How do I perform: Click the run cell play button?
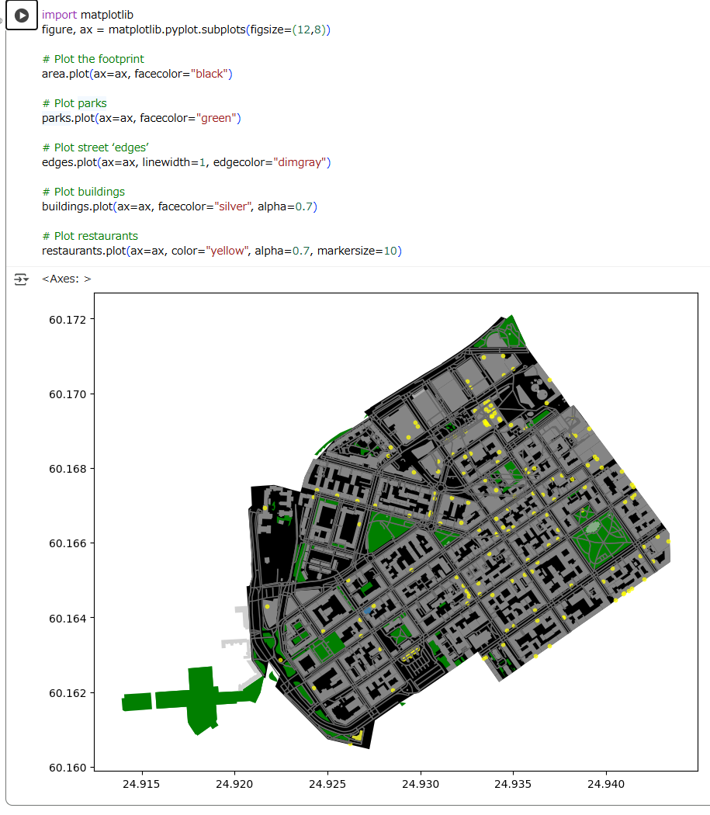coord(21,16)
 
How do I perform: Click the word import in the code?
coord(59,15)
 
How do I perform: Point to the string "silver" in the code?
coord(234,206)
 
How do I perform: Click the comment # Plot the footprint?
coord(93,59)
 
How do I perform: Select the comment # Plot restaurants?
coord(90,236)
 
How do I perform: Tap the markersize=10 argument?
coord(358,251)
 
